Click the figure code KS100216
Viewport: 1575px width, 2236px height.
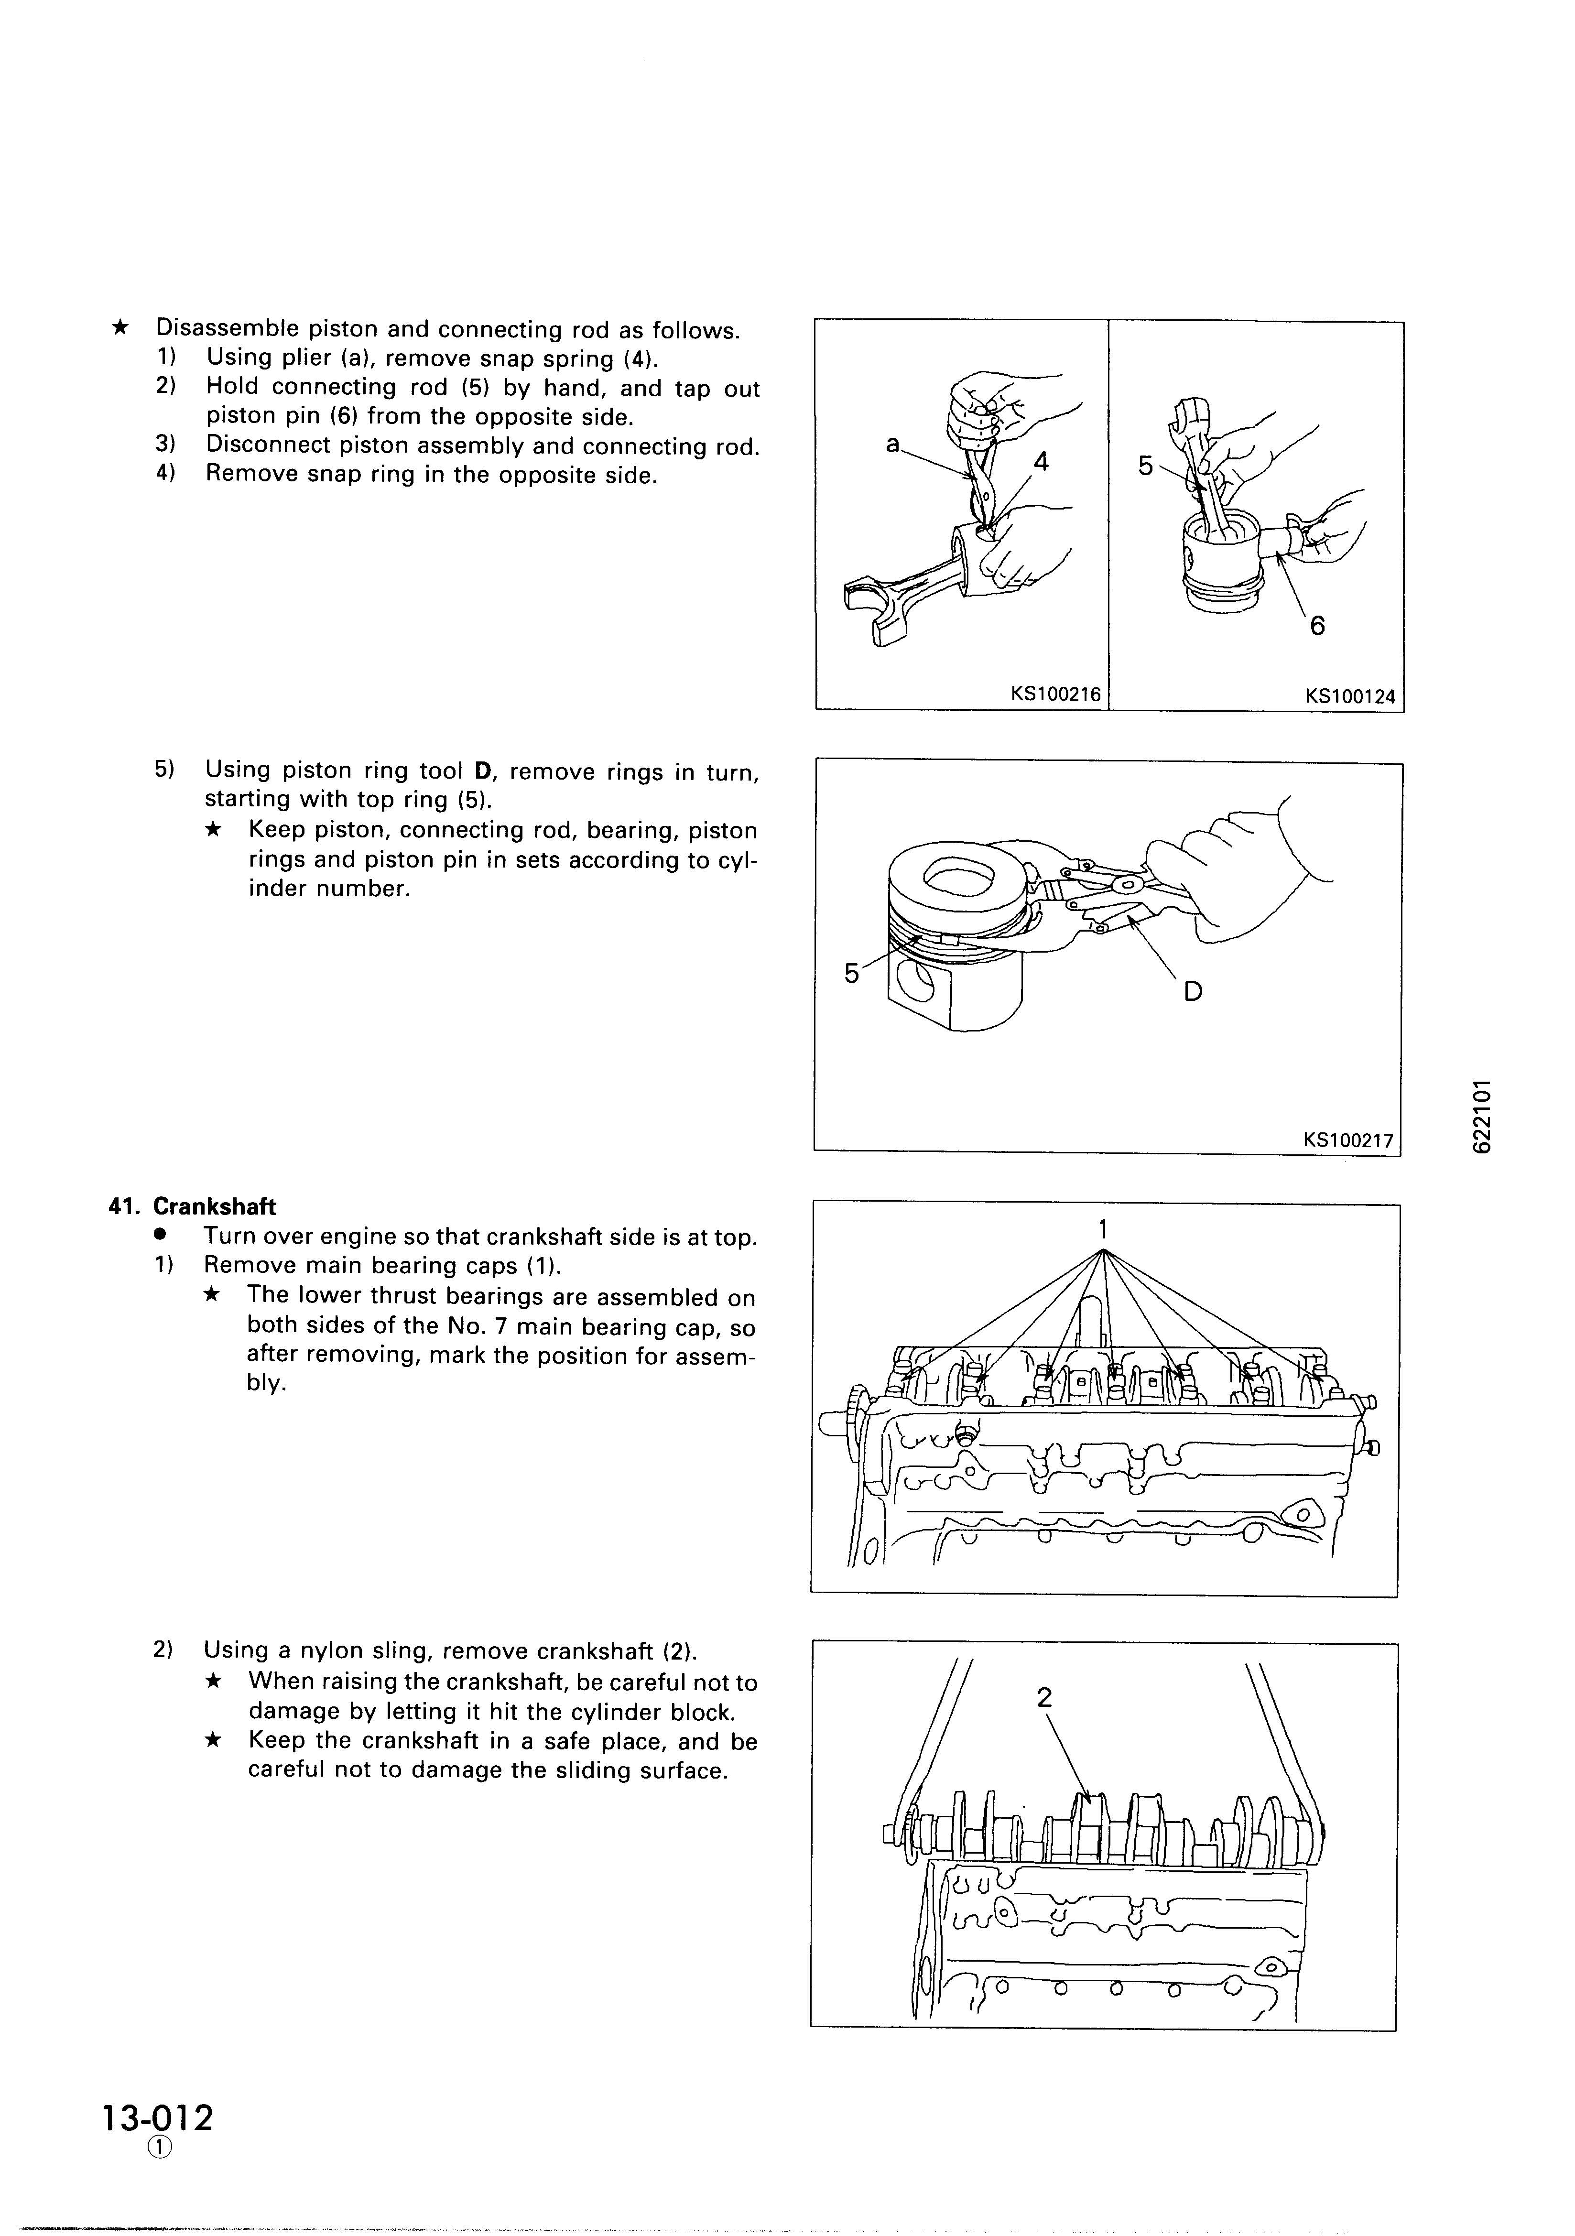click(x=1056, y=695)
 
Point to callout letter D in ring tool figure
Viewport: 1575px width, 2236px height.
click(x=1193, y=991)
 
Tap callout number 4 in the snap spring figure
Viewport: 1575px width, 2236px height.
click(x=1041, y=462)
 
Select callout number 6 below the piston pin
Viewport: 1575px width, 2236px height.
click(x=1317, y=625)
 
